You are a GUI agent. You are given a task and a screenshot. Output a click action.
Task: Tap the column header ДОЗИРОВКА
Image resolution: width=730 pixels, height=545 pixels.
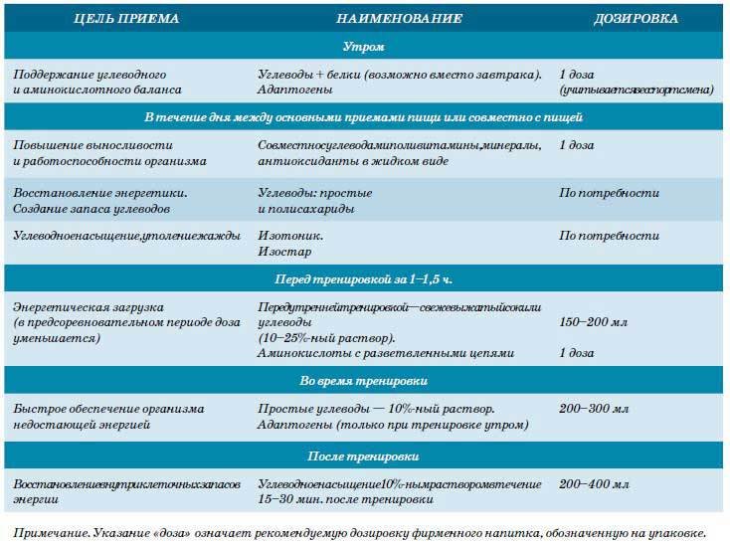(x=636, y=18)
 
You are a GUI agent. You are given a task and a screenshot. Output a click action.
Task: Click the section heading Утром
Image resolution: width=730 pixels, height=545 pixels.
(x=364, y=47)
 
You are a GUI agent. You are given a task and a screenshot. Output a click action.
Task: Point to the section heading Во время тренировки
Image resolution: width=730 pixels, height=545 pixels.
(x=364, y=381)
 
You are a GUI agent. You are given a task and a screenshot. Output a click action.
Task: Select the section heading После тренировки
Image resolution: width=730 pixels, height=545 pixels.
(x=364, y=456)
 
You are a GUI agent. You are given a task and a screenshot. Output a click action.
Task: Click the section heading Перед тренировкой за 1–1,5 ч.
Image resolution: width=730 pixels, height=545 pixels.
(x=364, y=276)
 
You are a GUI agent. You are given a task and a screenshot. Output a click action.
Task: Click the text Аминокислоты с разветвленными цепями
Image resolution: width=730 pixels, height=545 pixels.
(x=385, y=353)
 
